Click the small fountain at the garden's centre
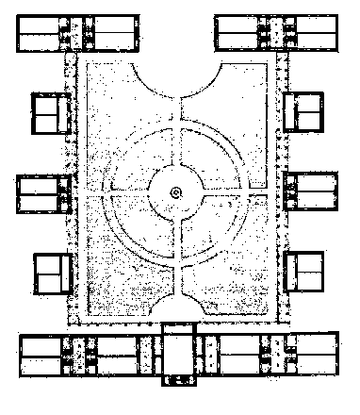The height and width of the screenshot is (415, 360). tap(176, 193)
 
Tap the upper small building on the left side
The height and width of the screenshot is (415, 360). tap(49, 114)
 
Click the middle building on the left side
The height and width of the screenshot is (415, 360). tap(45, 193)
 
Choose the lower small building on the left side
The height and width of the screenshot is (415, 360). tap(53, 273)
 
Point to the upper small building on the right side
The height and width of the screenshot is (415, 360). tap(303, 114)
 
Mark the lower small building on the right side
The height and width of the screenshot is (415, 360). tap(303, 273)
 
